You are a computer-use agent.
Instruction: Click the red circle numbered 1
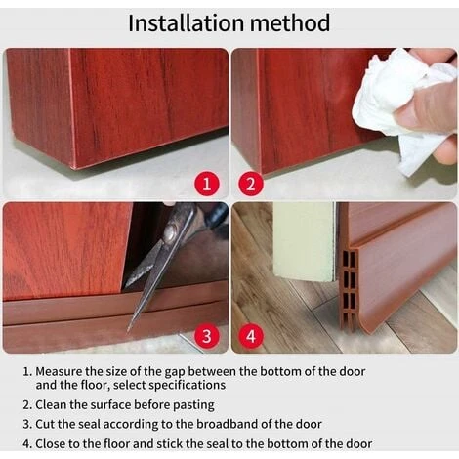(207, 185)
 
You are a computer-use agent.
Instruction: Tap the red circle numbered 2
(251, 185)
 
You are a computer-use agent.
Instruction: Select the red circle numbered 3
(207, 336)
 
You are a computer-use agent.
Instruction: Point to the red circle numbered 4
(251, 336)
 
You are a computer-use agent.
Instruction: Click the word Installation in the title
(187, 23)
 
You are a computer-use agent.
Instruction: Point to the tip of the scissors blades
(129, 329)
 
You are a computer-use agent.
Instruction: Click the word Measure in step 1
(59, 371)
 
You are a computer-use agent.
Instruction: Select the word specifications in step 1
(188, 386)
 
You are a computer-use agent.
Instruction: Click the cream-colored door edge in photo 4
(305, 241)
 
